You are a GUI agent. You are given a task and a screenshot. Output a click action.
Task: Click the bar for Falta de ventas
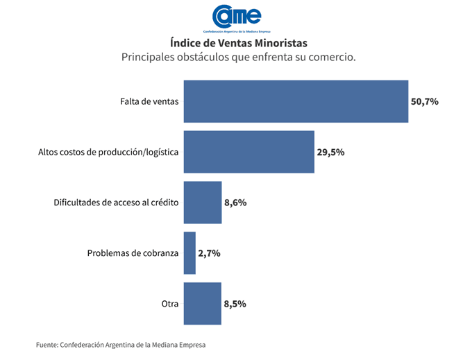tap(296, 101)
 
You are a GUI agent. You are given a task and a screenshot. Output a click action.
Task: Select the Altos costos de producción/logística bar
tap(249, 151)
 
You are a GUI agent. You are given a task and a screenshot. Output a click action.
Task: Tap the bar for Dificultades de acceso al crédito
tap(202, 203)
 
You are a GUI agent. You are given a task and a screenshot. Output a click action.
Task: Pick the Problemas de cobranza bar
tap(190, 253)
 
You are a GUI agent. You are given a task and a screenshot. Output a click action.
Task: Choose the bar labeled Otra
tap(202, 304)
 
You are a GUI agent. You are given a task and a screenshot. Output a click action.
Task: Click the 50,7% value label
tap(425, 101)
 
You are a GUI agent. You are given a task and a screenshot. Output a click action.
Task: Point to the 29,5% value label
tap(331, 152)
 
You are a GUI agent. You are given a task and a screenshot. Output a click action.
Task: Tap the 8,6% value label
tap(235, 203)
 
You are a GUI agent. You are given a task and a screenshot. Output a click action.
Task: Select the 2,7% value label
tap(209, 253)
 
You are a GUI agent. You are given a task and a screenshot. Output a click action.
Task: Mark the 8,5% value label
tap(235, 304)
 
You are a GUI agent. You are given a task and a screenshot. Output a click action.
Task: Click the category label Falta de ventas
tap(149, 101)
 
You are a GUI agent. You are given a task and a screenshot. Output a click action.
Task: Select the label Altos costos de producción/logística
tap(108, 152)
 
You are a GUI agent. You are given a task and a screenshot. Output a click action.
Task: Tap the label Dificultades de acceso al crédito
tap(117, 203)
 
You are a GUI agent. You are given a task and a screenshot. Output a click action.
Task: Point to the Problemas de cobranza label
tap(133, 253)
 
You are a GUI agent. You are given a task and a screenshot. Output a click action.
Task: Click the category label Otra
tap(170, 304)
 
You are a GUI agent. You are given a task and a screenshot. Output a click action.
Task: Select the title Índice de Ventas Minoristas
tap(238, 43)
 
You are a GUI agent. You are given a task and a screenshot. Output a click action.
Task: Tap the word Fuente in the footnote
tap(47, 345)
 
